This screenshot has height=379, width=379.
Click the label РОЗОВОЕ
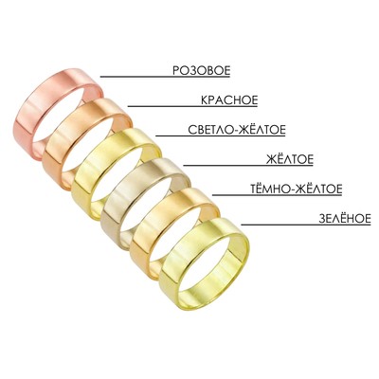click(x=201, y=70)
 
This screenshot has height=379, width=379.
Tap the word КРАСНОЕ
click(x=229, y=100)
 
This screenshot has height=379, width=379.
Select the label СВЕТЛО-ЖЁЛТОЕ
click(x=237, y=130)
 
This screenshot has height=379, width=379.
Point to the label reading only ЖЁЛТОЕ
click(x=290, y=159)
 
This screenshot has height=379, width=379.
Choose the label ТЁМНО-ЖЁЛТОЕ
click(x=297, y=189)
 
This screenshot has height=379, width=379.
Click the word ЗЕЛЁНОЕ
click(x=345, y=219)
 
